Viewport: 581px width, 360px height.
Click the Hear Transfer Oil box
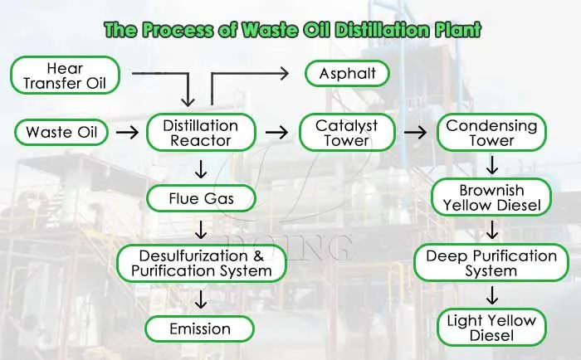(65, 75)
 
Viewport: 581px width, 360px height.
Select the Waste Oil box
(61, 132)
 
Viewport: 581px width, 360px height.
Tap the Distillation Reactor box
(201, 133)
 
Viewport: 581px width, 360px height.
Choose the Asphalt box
(347, 73)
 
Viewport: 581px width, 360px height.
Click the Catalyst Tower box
(347, 133)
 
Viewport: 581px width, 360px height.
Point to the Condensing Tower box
(491, 133)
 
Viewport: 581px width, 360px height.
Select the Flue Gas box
(201, 198)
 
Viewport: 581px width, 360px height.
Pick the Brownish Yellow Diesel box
(491, 197)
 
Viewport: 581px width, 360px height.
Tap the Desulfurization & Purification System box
(202, 263)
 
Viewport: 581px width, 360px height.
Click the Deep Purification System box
(491, 263)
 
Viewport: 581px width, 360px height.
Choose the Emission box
(200, 328)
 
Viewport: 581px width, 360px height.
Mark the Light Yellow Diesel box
(491, 328)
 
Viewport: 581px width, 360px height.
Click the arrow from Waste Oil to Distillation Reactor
(128, 132)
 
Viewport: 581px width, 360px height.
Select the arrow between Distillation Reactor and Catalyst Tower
(276, 132)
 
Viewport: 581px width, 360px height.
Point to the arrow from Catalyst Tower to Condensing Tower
(415, 132)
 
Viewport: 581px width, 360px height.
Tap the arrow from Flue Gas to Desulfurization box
(201, 230)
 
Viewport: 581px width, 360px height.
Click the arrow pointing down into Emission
(201, 299)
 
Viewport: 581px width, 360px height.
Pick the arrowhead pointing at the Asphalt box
(285, 73)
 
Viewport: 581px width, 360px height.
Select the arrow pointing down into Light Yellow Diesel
(492, 295)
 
